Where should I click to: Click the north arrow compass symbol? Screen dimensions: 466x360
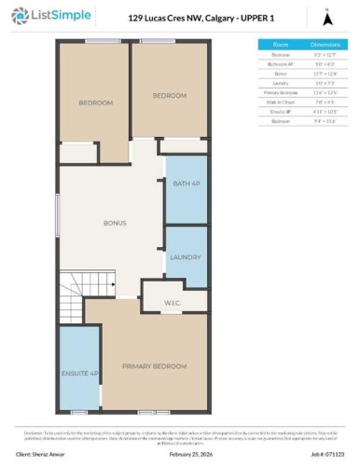pyautogui.click(x=325, y=17)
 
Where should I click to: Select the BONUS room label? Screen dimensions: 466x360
pyautogui.click(x=114, y=223)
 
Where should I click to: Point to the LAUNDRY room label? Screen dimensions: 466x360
pyautogui.click(x=186, y=257)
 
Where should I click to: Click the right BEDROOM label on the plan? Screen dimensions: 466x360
pyautogui.click(x=169, y=95)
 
